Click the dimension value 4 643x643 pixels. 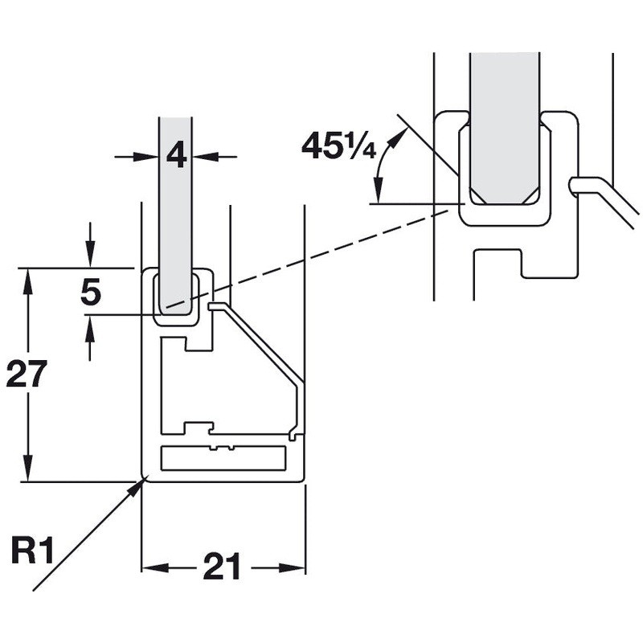click(x=176, y=154)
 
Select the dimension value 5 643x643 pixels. click(x=91, y=292)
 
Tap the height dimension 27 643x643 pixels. click(x=27, y=374)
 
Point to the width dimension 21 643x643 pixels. click(x=222, y=567)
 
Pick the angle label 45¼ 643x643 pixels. click(x=338, y=145)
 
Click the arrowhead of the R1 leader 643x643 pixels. click(x=140, y=482)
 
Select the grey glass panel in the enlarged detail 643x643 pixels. click(x=504, y=121)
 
